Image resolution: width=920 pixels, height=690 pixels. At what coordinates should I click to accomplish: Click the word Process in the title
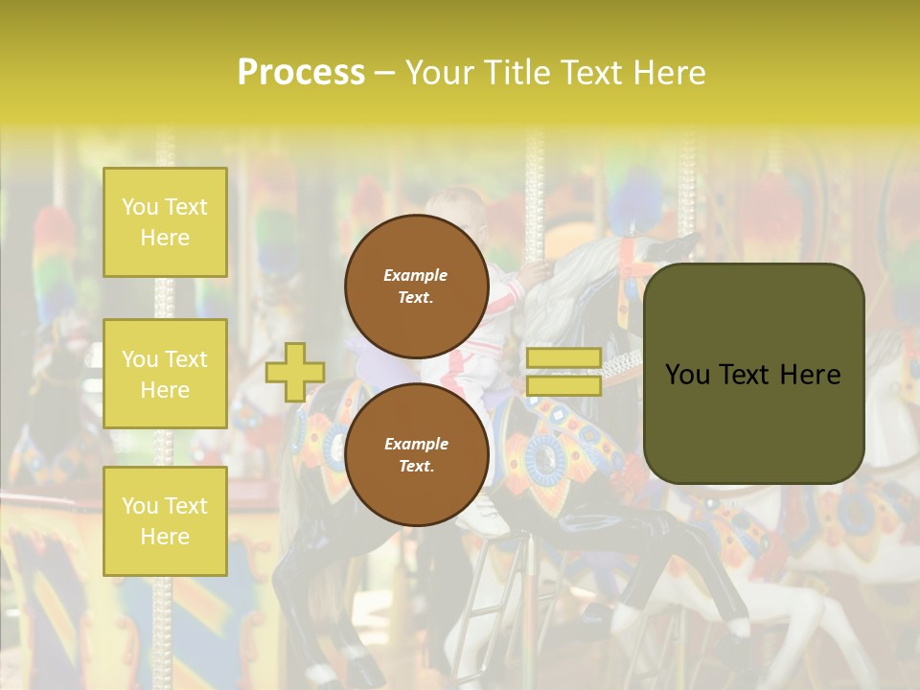tap(301, 72)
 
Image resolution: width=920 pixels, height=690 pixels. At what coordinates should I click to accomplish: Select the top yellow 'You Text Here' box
tap(165, 222)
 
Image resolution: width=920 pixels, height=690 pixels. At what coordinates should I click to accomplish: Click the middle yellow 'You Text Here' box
tap(165, 374)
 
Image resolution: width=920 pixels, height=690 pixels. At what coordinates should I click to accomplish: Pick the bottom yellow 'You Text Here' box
tap(165, 520)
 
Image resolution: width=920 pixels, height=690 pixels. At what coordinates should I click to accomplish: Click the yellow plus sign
tap(294, 372)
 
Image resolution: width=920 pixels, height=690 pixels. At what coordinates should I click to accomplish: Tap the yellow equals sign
tap(563, 372)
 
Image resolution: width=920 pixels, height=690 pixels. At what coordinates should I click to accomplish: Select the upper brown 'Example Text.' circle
tap(417, 286)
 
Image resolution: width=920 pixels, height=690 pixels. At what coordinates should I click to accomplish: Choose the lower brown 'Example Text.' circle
tap(417, 454)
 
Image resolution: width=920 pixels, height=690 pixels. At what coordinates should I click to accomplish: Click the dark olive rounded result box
tap(753, 374)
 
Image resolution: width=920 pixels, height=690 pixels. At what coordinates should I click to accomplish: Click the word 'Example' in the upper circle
tap(416, 275)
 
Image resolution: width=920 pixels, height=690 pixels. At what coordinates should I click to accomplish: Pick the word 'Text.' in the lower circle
tap(416, 466)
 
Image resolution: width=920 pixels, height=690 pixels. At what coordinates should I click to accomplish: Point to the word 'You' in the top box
tap(140, 207)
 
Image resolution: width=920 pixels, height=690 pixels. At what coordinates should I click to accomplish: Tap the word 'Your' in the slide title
tap(442, 72)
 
